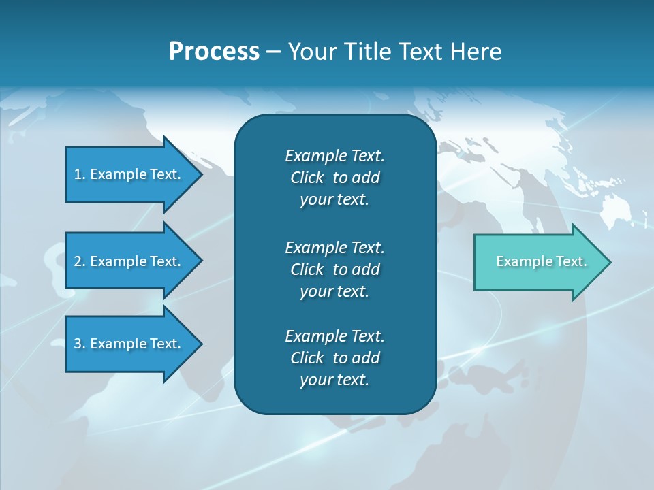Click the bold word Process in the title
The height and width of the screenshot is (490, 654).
(214, 52)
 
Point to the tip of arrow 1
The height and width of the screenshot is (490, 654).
(200, 174)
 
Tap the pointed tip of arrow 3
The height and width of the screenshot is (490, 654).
(200, 344)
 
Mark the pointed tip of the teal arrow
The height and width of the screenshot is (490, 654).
(609, 262)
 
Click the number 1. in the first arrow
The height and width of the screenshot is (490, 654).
(80, 174)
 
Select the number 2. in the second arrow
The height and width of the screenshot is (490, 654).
(80, 261)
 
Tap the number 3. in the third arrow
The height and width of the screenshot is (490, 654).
(80, 344)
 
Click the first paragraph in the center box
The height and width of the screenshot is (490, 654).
(334, 178)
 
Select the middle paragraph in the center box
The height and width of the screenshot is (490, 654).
(334, 269)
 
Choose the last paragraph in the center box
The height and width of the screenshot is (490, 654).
(334, 358)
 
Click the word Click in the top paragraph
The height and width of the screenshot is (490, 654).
(307, 178)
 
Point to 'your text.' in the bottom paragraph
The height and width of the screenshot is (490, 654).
(334, 380)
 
